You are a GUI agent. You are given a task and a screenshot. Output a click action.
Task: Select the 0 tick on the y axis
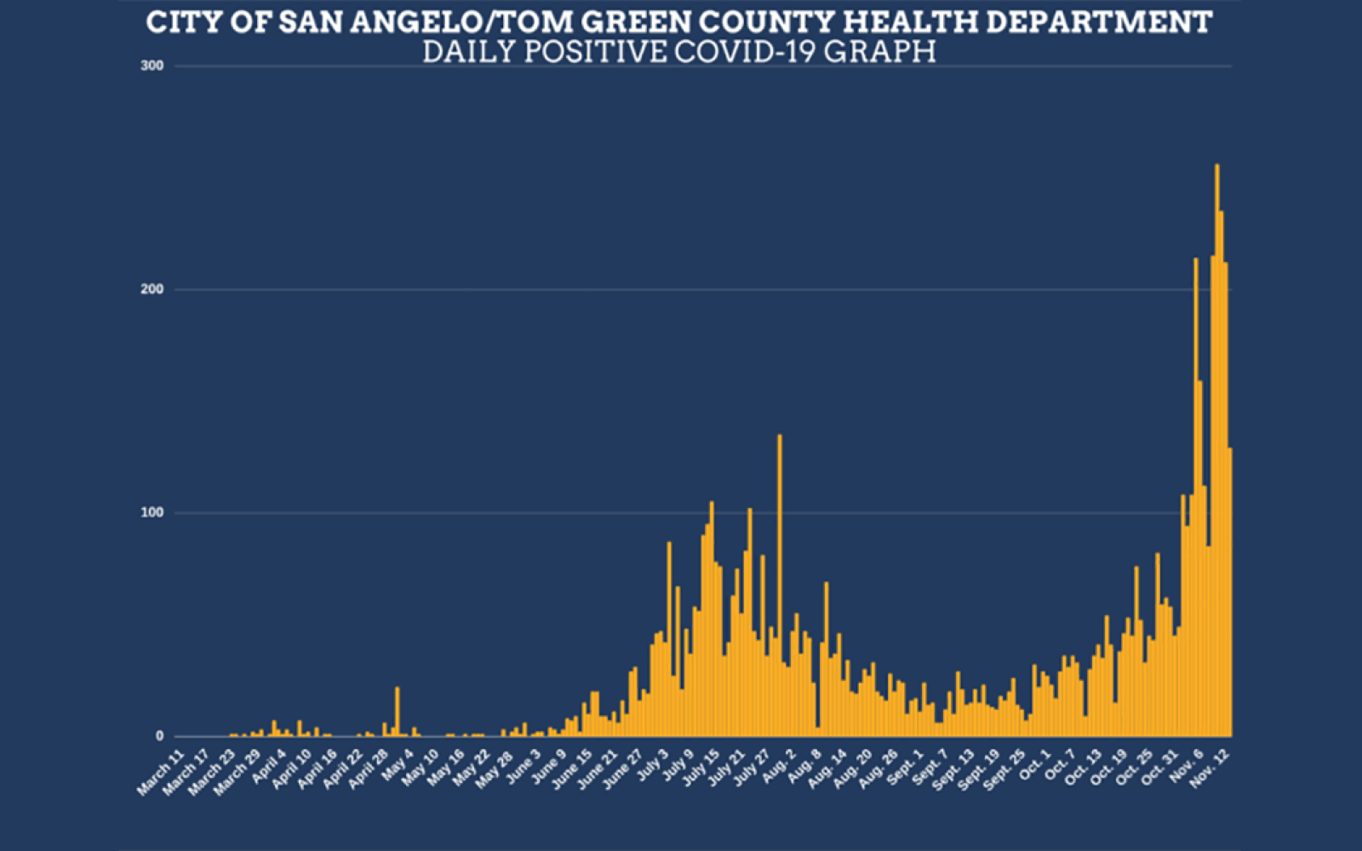click(x=158, y=737)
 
